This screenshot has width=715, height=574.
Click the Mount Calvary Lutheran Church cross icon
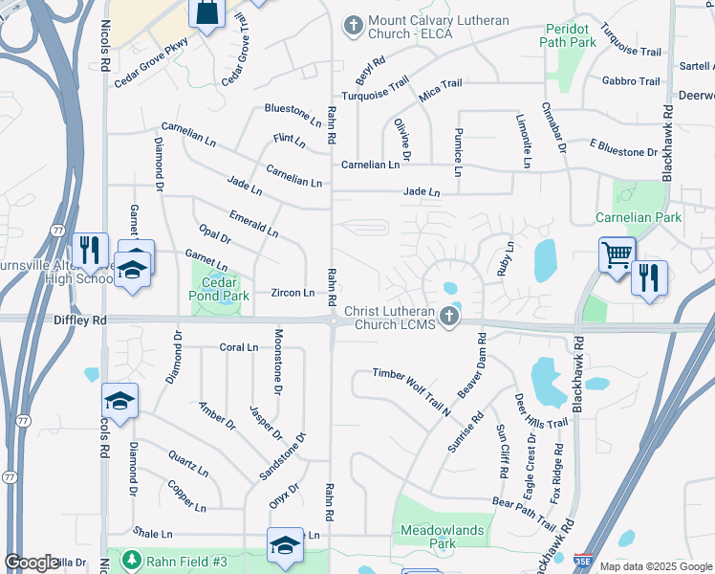click(354, 26)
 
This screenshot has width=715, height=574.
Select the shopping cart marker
click(617, 255)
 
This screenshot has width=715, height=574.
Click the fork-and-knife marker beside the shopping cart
click(649, 277)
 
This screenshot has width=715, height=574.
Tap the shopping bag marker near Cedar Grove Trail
click(206, 11)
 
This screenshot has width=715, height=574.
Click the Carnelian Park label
click(638, 217)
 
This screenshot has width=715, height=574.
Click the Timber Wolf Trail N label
click(411, 389)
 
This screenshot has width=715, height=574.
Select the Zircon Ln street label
click(292, 293)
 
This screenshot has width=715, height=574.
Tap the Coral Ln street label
click(239, 347)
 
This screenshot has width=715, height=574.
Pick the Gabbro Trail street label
click(631, 81)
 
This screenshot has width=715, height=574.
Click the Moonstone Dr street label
click(278, 363)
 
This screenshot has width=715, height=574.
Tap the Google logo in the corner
click(32, 563)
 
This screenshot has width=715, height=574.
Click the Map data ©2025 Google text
click(656, 566)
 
